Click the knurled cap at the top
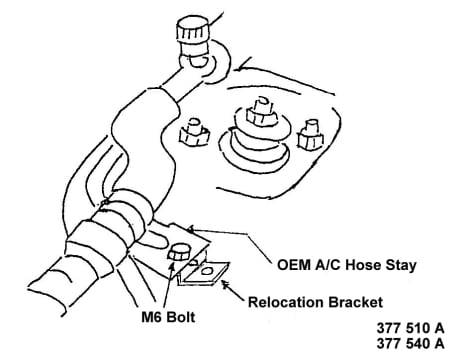pos(192,33)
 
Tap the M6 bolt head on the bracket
pos(179,254)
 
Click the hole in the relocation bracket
pos(207,270)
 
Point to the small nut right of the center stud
pos(310,137)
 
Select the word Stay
pos(401,266)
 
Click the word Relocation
pos(286,302)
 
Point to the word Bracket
pos(355,302)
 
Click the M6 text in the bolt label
pos(152,317)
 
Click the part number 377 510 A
pos(411,328)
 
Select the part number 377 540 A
pos(411,343)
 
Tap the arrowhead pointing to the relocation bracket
pos(226,285)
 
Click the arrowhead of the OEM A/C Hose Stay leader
pos(191,229)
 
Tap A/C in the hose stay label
pos(328,265)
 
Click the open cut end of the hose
pos(47,293)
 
